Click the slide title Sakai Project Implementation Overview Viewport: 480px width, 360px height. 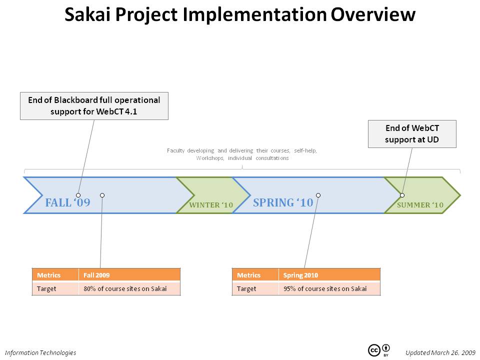coord(240,14)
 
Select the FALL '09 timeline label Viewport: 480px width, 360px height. coord(67,202)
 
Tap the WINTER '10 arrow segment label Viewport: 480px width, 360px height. coord(211,205)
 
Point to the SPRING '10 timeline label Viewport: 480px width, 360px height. coord(283,202)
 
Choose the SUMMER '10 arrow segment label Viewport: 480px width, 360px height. coord(420,205)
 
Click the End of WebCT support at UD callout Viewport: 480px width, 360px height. coord(412,134)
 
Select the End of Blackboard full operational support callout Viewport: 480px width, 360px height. coord(94,106)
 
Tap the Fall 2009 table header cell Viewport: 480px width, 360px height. coord(129,275)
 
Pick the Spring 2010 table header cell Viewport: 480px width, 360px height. coord(329,275)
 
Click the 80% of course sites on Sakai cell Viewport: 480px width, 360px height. coord(129,288)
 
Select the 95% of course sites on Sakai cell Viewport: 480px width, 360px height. coord(329,288)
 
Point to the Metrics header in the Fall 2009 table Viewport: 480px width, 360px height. coord(55,275)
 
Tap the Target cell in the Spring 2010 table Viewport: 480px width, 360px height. coord(255,288)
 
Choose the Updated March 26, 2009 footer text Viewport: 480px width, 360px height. coord(440,352)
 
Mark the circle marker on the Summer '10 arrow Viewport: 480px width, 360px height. coord(402,195)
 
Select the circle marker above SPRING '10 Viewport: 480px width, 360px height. coord(318,195)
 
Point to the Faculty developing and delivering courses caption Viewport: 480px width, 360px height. coord(242,154)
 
